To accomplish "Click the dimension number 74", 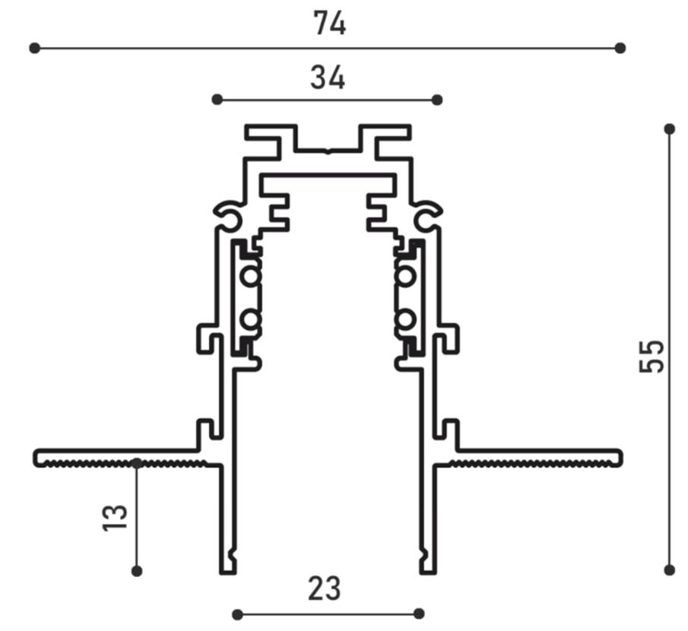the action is pos(329,24).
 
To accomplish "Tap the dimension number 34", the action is pos(328,78).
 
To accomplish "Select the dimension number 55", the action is pos(652,357).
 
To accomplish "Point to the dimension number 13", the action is pos(115,518).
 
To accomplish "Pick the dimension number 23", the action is pos(325,588).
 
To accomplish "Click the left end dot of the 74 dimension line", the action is pos(35,48).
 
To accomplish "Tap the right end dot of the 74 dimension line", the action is pos(620,48).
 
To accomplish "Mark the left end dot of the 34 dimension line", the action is pos(217,100).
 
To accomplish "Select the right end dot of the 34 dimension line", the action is pos(437,100).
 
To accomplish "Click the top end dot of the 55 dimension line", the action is pos(670,129).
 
